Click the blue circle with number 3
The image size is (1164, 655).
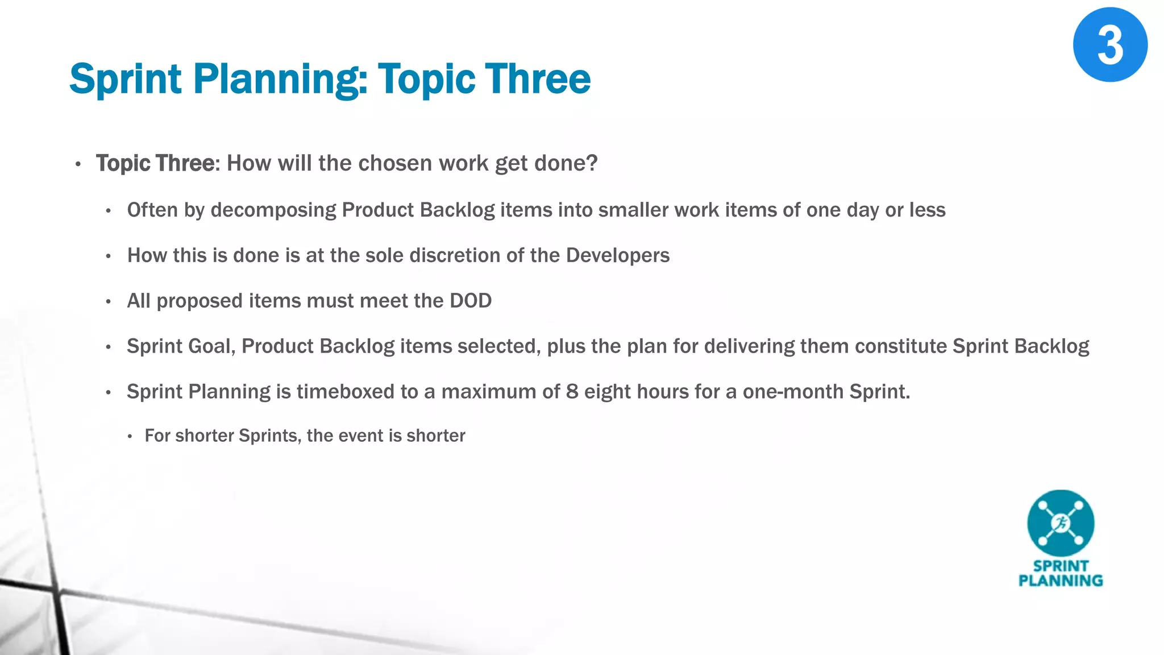(1109, 45)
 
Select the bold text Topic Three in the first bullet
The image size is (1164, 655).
(155, 163)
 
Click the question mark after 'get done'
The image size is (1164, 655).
(592, 163)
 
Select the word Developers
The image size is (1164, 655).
(618, 255)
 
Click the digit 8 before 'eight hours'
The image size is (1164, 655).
(572, 392)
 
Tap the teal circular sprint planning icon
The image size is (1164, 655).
(1060, 523)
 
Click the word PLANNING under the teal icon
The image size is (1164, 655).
(1060, 581)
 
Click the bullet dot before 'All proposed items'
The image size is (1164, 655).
(108, 302)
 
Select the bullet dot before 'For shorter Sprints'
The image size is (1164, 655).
(130, 437)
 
